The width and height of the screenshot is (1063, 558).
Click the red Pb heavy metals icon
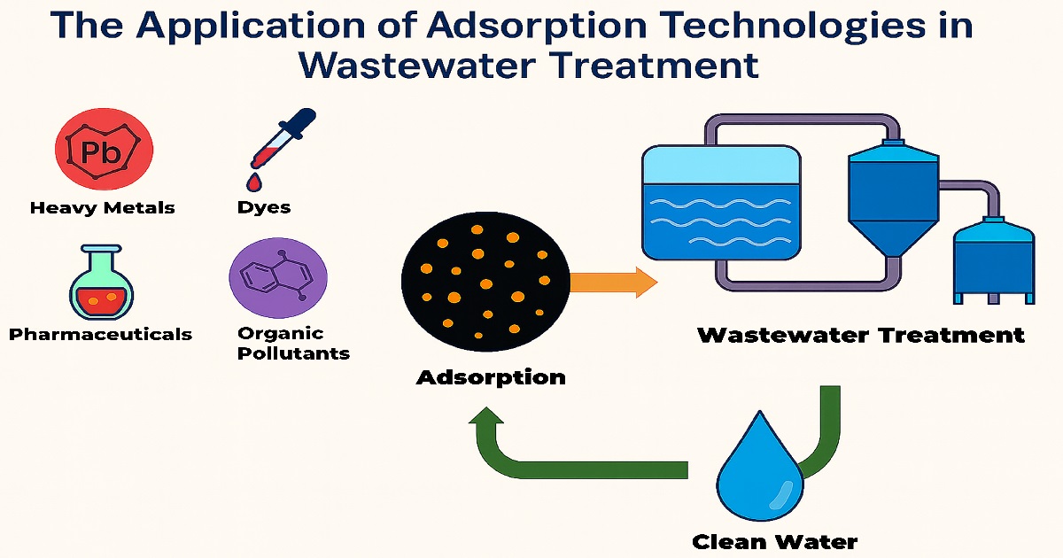[105, 150]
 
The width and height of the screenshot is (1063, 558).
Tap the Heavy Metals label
[103, 208]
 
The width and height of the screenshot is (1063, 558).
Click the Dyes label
[264, 208]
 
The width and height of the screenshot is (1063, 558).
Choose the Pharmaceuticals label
[100, 334]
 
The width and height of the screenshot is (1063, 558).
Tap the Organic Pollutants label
[293, 344]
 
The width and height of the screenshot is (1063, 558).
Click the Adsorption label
[491, 377]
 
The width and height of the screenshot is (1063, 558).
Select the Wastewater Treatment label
[861, 336]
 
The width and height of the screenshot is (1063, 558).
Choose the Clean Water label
[774, 541]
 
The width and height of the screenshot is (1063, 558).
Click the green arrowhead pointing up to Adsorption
[487, 425]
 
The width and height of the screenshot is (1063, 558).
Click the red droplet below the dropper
[254, 182]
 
